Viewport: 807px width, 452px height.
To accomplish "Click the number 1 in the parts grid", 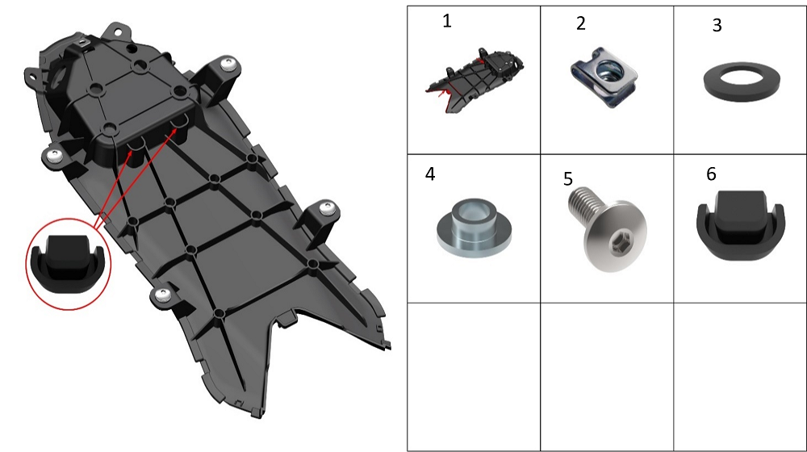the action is (x=447, y=21).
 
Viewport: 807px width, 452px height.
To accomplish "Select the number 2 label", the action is (x=580, y=23).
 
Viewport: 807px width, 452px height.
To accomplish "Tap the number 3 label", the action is (x=717, y=25).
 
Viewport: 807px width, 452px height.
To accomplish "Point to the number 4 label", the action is (x=430, y=174).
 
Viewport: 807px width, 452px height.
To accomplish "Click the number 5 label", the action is (x=567, y=178).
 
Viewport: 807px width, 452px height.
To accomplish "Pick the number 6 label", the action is (x=711, y=174).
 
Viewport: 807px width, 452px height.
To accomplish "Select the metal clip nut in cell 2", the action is (x=604, y=77).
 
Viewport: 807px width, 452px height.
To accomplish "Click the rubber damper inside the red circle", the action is (x=68, y=265).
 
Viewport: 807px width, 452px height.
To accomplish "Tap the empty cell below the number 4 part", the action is (x=474, y=377).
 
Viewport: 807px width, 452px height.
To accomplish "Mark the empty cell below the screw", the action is (x=607, y=377).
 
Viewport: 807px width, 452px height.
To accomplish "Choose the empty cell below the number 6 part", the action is (x=740, y=377).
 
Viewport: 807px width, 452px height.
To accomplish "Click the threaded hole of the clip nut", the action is (x=608, y=69).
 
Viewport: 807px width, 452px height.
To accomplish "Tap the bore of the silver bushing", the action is (x=474, y=211).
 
